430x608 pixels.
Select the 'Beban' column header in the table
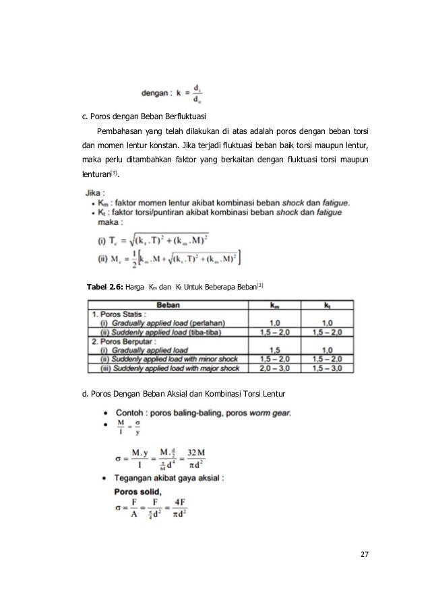pyautogui.click(x=175, y=305)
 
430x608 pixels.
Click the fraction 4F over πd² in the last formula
pyautogui.click(x=177, y=510)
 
